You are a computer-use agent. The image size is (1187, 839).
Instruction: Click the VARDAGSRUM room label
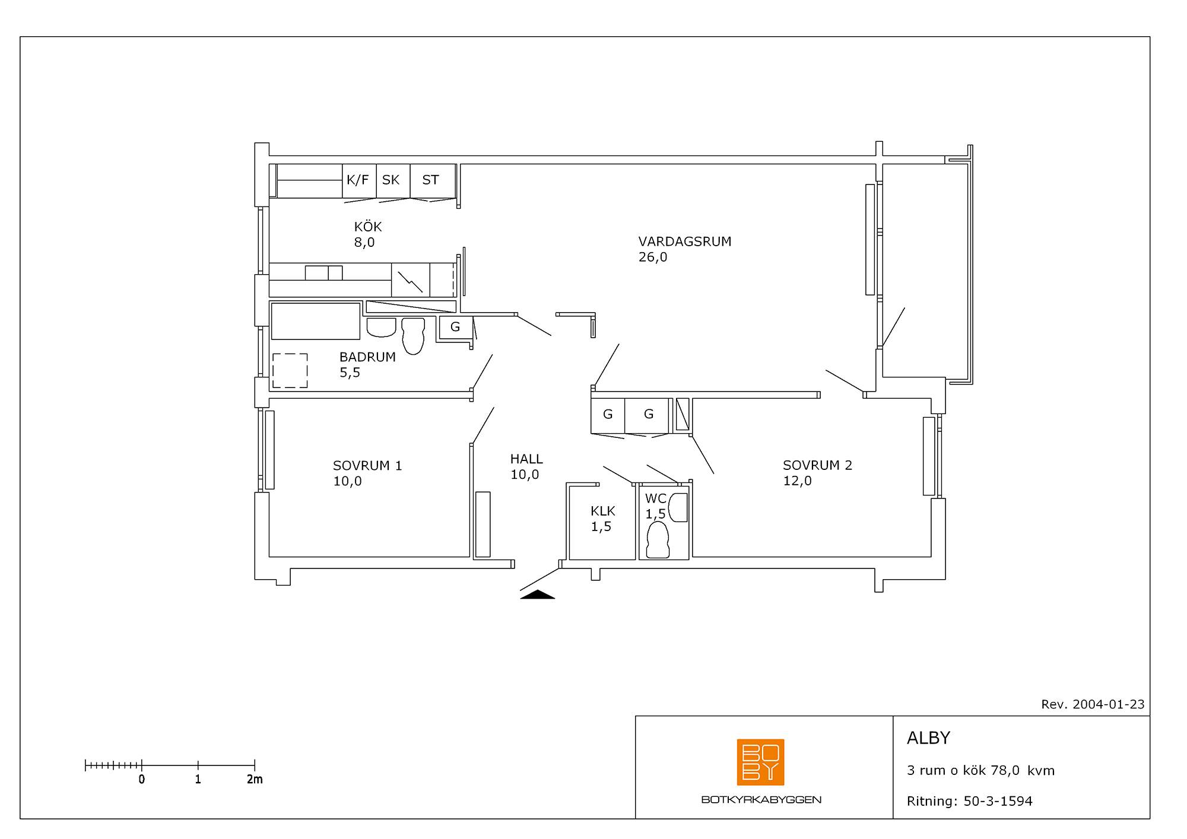click(x=685, y=241)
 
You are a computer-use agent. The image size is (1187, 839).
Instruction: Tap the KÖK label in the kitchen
click(x=368, y=227)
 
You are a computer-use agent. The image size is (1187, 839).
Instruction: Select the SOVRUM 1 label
click(x=367, y=466)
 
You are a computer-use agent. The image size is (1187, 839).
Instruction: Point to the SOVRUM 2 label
click(x=817, y=465)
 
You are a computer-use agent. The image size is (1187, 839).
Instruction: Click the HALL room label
click(x=526, y=459)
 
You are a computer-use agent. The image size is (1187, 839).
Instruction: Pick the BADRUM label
click(x=367, y=357)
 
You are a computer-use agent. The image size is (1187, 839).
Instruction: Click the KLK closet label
click(x=603, y=511)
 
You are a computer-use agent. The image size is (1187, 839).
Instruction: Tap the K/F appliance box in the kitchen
click(x=359, y=181)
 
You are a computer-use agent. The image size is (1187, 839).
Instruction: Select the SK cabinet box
click(x=393, y=181)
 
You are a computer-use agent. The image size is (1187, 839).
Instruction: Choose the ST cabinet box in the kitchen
click(x=433, y=181)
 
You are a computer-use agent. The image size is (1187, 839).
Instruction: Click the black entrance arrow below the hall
click(x=538, y=595)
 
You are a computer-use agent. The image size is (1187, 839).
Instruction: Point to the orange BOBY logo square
click(x=760, y=762)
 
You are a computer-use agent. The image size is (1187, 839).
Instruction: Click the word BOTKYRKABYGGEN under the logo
click(x=761, y=800)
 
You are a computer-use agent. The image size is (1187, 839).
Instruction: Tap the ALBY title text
click(x=929, y=738)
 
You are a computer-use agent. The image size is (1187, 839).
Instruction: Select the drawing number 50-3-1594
click(x=998, y=801)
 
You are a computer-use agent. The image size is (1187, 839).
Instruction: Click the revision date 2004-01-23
click(x=1108, y=704)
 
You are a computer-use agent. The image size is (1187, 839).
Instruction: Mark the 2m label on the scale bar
click(x=255, y=779)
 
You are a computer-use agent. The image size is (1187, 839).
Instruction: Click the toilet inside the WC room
click(x=658, y=539)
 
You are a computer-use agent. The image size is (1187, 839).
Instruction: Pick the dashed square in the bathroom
click(x=290, y=371)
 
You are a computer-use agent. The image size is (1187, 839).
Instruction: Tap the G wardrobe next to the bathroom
click(x=456, y=327)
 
